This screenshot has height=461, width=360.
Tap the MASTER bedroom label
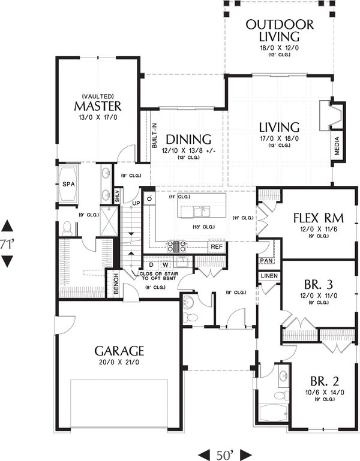pos(98,106)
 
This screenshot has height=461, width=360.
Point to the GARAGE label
pos(119,350)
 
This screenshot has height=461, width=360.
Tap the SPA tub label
pos(68,185)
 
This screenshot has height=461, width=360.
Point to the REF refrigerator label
pos(216,246)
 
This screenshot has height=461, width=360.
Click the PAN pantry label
pos(266,261)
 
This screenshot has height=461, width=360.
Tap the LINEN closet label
pos(268,275)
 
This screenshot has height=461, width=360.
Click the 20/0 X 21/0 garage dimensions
pos(119,364)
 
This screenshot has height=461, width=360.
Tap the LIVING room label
pos(279,127)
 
